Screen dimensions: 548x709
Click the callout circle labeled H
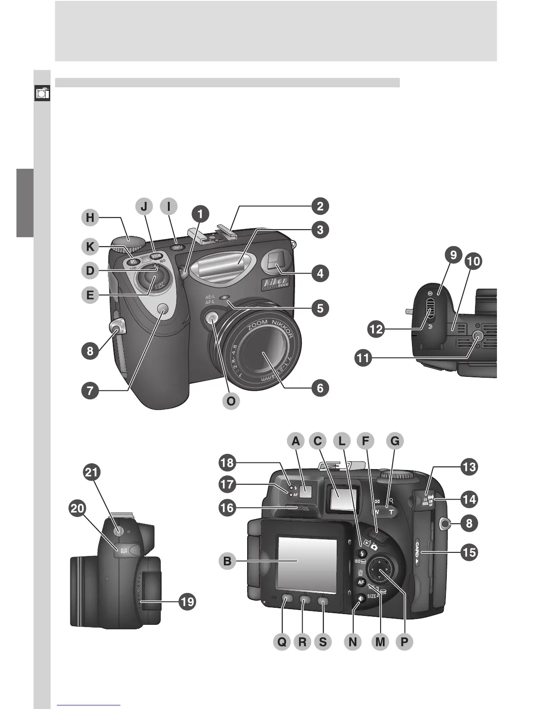pyautogui.click(x=90, y=218)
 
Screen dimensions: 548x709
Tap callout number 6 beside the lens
pyautogui.click(x=320, y=388)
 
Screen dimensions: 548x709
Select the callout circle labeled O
pyautogui.click(x=231, y=401)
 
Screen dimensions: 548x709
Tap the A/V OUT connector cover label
pyautogui.click(x=124, y=550)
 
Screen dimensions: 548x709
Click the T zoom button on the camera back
pyautogui.click(x=391, y=512)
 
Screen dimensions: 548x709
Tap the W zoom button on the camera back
pyautogui.click(x=377, y=512)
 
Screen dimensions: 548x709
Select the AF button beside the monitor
pyautogui.click(x=361, y=582)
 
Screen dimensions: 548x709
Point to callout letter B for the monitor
pyautogui.click(x=227, y=561)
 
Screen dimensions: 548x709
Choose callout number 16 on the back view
pyautogui.click(x=227, y=508)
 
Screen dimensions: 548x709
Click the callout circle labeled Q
pyautogui.click(x=282, y=642)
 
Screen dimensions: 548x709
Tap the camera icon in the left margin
pyautogui.click(x=43, y=94)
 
